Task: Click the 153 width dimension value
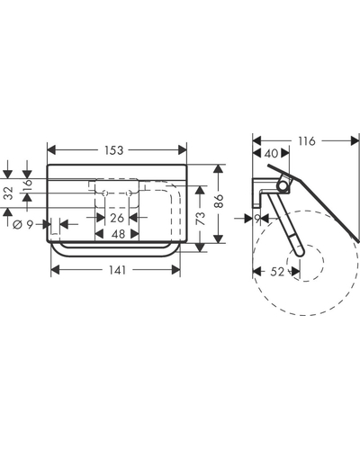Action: click(114, 150)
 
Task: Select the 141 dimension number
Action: click(117, 270)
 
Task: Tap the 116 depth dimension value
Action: click(307, 140)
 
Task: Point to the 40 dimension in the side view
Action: click(272, 153)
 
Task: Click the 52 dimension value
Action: click(277, 272)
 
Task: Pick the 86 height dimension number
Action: click(220, 202)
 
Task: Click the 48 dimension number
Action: click(118, 234)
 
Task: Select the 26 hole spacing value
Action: click(117, 218)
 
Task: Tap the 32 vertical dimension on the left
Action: click(10, 193)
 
